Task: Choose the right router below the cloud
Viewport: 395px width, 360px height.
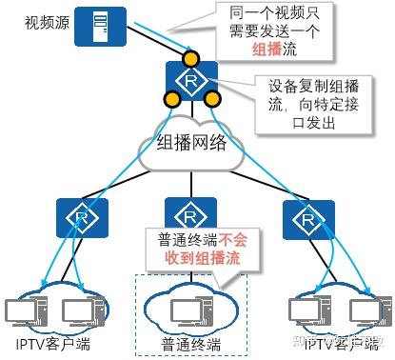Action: point(302,217)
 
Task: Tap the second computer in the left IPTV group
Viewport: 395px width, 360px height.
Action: point(79,310)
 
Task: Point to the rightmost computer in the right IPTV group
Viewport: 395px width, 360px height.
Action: point(364,310)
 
